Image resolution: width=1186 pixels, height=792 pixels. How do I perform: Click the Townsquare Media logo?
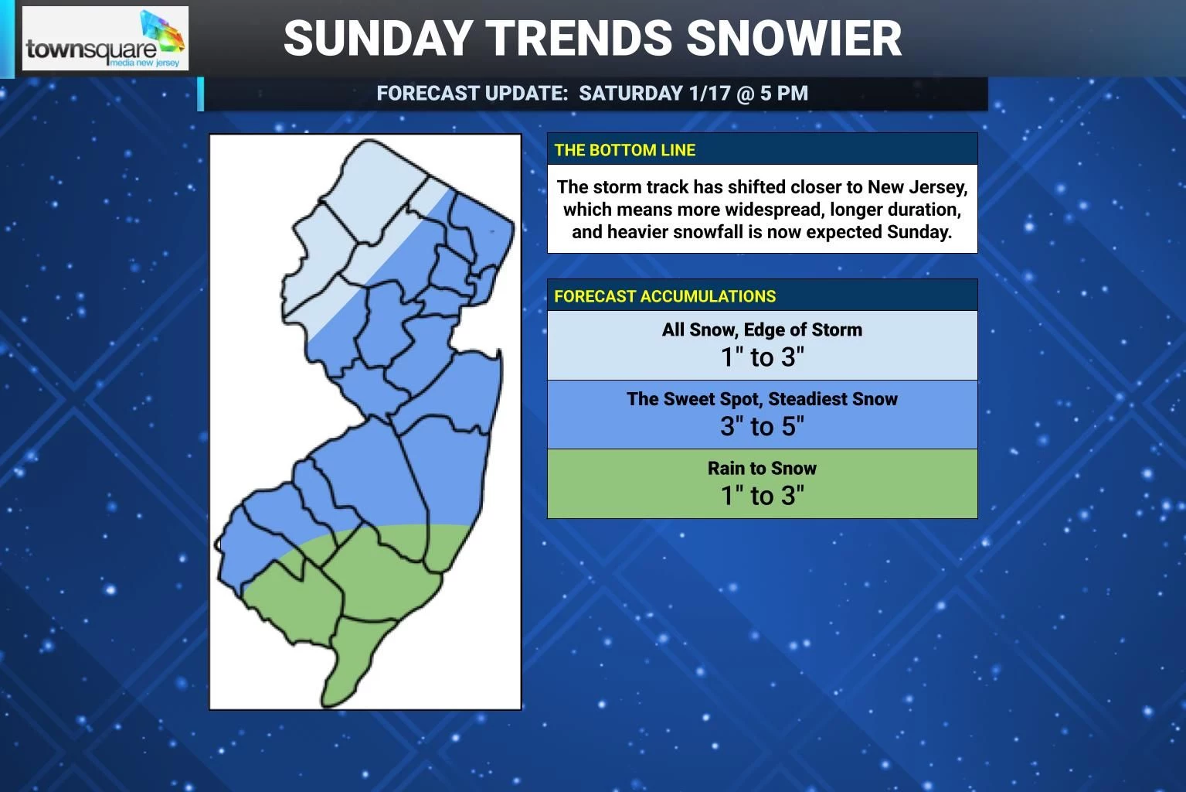(105, 39)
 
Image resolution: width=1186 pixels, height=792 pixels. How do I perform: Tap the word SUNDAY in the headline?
(377, 38)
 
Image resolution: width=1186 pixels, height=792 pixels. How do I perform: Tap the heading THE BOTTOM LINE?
(625, 150)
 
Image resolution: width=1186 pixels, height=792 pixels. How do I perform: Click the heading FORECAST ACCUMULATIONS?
(664, 296)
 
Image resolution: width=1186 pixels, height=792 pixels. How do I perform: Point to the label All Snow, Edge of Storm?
(762, 329)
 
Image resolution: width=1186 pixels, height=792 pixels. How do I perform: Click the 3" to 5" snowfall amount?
(762, 426)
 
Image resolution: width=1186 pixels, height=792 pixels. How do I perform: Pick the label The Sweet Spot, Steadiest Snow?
(762, 399)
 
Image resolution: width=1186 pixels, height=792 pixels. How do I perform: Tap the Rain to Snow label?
(762, 468)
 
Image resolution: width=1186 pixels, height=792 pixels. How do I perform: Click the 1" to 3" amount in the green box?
(762, 495)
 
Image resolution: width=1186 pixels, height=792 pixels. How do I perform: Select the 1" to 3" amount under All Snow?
(762, 357)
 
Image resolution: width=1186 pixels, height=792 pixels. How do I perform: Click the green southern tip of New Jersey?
(348, 665)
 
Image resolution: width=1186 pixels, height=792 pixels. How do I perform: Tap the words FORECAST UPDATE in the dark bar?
(472, 94)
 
